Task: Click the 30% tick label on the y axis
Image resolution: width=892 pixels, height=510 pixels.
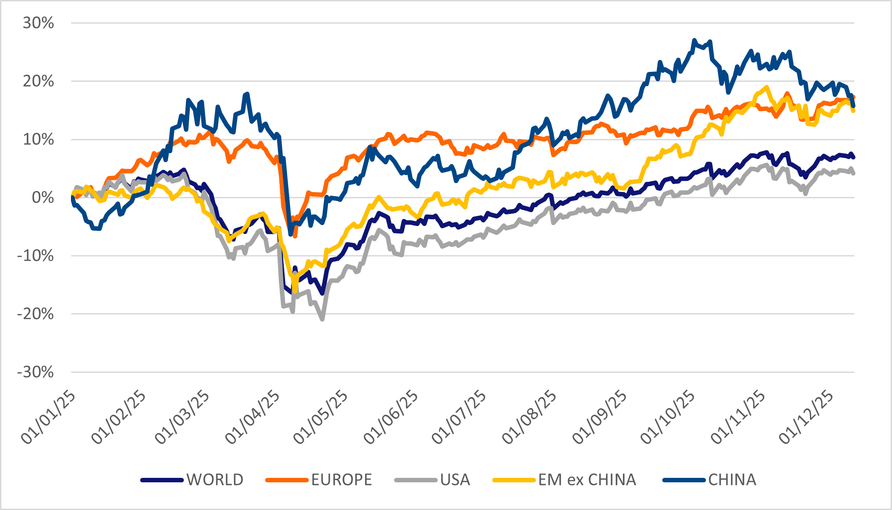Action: pos(38,23)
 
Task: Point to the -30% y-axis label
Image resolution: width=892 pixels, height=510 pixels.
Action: pos(36,372)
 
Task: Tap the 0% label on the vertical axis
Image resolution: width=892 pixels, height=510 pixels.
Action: pos(43,197)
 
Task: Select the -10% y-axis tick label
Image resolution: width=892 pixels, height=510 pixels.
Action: pos(36,256)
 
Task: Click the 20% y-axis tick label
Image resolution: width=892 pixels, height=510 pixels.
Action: pos(38,81)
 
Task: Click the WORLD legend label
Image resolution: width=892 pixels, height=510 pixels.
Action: pos(215,480)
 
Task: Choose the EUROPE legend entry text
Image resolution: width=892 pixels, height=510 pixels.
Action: pos(341,480)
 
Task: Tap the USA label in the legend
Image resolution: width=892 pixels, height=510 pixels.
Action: pos(455,480)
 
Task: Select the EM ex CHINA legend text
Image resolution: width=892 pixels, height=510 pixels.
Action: pos(587,480)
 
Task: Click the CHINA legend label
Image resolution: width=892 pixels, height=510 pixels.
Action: pos(732,480)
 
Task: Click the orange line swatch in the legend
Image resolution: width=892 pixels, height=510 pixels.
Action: pos(286,480)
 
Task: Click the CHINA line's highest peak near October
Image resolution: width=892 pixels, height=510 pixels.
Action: pos(694,40)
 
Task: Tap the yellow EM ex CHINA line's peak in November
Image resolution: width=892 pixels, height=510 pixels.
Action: pos(767,87)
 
